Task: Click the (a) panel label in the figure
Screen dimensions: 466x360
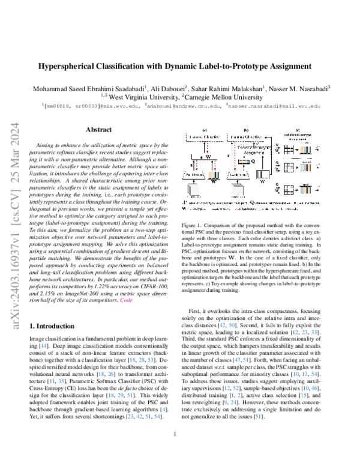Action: coord(205,130)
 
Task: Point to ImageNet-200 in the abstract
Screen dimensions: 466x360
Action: coord(78,291)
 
